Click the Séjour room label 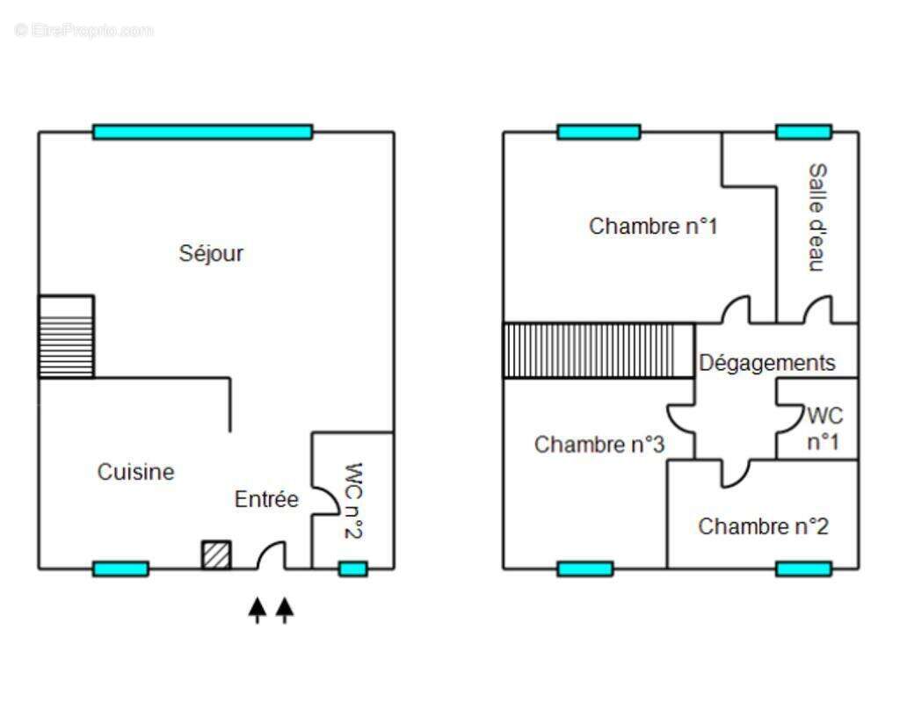point(211,254)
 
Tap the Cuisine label point(135,472)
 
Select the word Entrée point(266,499)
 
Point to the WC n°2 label point(355,501)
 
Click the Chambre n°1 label point(653,226)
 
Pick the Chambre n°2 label point(763,526)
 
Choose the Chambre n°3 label point(599,445)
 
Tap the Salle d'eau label point(817,217)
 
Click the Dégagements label point(766,362)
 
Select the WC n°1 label point(824,428)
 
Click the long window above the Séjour point(202,132)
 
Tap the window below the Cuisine point(120,569)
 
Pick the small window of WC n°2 point(352,569)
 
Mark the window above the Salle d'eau point(802,132)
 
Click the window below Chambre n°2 point(803,569)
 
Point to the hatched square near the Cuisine point(216,554)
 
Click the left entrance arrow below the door point(257,609)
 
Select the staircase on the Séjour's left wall point(66,337)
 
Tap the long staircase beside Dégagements point(599,351)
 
